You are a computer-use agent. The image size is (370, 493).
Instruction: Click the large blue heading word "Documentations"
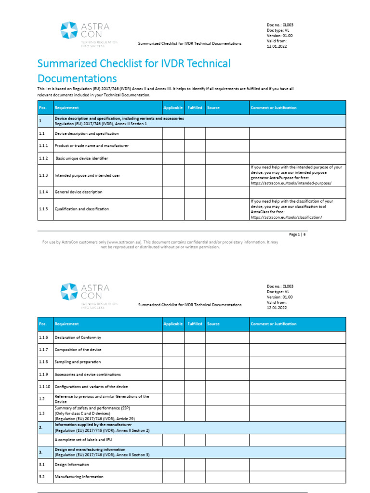(x=77, y=78)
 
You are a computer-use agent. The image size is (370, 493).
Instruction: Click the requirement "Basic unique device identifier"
(x=82, y=158)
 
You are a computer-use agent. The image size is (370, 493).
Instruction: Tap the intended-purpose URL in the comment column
(x=291, y=184)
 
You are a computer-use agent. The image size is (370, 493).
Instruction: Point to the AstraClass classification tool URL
(x=286, y=217)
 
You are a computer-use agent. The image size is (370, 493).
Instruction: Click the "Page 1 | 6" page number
(x=297, y=234)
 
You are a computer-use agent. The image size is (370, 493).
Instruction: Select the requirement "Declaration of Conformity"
(x=78, y=337)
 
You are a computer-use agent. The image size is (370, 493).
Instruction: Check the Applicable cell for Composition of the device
(x=173, y=350)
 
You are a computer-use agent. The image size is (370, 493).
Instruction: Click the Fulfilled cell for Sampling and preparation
(x=195, y=362)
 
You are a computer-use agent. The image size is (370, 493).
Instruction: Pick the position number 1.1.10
(x=44, y=387)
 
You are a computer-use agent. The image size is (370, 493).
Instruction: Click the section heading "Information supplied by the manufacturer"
(x=93, y=425)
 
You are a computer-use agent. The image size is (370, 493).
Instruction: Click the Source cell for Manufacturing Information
(x=227, y=477)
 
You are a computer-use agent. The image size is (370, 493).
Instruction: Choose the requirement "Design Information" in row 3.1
(x=72, y=465)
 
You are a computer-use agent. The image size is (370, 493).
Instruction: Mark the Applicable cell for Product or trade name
(x=173, y=145)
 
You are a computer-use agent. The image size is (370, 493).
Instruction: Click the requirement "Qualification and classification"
(x=81, y=209)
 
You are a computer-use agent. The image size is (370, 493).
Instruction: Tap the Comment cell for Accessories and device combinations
(x=297, y=374)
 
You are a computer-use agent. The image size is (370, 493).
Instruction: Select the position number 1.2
(x=41, y=399)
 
